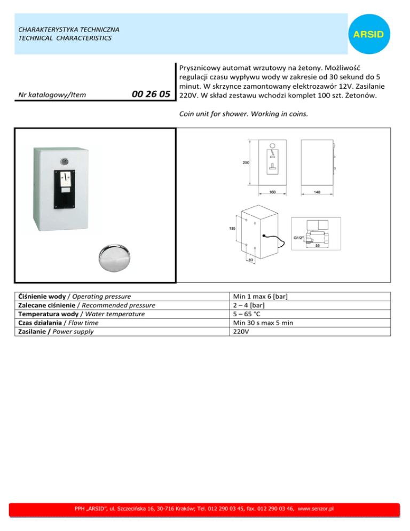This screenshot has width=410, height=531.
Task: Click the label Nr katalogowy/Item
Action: tap(52, 96)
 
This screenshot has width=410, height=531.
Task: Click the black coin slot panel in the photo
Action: tap(67, 189)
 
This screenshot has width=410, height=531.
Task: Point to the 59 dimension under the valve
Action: tap(317, 246)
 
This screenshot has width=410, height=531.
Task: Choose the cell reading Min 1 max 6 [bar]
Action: tap(262, 296)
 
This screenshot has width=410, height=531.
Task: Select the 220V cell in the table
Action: tap(242, 331)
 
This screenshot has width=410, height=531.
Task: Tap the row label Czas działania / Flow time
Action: tap(58, 323)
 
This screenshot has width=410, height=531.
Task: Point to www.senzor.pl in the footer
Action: tap(316, 509)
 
